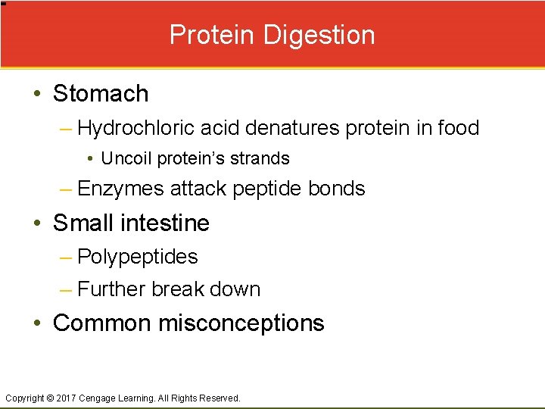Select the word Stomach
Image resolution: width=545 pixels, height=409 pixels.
tap(101, 94)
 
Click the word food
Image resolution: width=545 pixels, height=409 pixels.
tap(458, 128)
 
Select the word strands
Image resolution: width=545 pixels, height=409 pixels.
tap(262, 159)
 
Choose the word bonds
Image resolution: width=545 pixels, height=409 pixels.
tap(337, 189)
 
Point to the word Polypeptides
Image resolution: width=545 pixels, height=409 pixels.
tap(138, 257)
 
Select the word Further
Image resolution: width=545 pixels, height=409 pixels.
tap(111, 289)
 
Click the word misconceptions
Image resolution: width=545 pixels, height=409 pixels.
tap(241, 323)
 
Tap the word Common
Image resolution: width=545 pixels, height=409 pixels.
tap(102, 323)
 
